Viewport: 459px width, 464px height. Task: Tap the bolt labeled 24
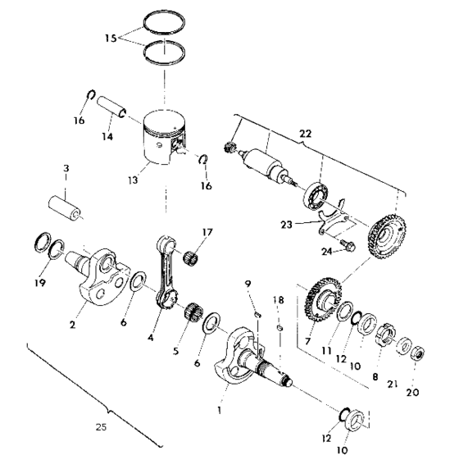click(346, 243)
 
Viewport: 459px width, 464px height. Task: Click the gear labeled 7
click(322, 298)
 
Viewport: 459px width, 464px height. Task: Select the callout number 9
click(247, 284)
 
